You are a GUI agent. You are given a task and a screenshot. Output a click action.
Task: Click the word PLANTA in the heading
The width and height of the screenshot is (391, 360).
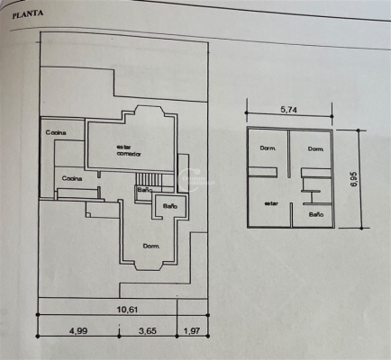point(28,14)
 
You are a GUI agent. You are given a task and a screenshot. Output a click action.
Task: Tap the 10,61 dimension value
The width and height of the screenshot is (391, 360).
point(127,309)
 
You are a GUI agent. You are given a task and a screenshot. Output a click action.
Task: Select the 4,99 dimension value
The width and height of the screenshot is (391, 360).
point(78,331)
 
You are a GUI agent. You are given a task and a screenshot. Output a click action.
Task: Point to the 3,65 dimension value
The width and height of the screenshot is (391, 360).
point(148,331)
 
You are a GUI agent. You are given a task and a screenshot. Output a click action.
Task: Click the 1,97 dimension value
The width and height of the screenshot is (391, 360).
point(191,331)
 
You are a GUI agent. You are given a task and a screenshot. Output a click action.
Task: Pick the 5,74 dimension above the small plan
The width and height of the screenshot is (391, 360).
point(288,110)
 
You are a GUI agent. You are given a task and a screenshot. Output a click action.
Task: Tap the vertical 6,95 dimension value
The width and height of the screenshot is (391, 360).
point(353,179)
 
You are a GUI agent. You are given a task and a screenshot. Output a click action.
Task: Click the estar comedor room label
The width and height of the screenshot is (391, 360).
point(129,150)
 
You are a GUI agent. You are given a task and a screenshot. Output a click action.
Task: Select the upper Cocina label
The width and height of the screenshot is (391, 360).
point(56,132)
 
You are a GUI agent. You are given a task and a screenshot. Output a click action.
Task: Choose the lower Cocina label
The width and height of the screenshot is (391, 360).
point(72,178)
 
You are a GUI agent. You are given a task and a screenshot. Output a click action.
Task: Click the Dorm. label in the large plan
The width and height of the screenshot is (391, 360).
point(151,247)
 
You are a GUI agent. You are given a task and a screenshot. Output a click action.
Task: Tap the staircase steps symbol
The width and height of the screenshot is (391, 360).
point(149,179)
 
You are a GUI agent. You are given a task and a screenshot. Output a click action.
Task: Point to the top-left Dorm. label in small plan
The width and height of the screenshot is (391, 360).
point(268,148)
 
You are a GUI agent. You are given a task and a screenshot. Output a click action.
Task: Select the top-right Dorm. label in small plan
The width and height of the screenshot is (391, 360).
point(315,148)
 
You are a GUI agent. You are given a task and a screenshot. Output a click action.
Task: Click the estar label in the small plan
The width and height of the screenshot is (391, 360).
point(271,203)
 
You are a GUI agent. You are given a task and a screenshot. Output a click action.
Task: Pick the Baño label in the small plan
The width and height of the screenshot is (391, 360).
point(316,214)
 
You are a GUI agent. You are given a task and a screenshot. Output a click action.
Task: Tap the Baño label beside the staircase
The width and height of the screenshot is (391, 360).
point(145,190)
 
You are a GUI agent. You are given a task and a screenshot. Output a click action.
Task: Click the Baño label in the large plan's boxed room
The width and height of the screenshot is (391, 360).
point(170,206)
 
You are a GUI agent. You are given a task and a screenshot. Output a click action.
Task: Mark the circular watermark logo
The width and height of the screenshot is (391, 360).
point(189,180)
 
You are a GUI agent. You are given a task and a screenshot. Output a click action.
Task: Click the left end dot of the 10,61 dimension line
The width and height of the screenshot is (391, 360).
point(38,315)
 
